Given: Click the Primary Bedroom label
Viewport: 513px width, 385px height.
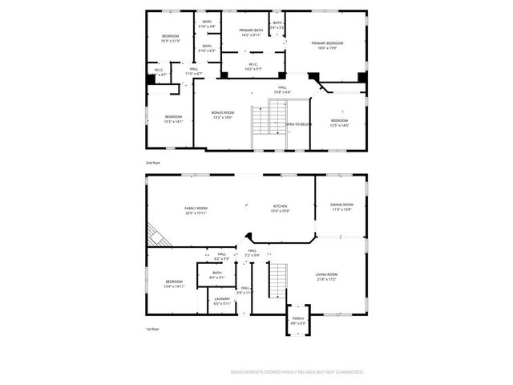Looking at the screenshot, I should (327, 44).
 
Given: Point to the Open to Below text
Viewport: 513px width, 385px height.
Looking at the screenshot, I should (298, 124).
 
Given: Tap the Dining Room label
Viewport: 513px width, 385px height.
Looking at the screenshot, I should (342, 207).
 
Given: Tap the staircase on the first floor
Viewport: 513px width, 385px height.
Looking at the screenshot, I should (277, 281).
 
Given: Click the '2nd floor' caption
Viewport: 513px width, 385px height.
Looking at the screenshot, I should (153, 163).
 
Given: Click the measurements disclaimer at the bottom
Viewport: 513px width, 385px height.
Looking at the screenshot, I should (297, 372).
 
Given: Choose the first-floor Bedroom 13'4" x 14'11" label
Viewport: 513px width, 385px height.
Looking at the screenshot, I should (175, 283).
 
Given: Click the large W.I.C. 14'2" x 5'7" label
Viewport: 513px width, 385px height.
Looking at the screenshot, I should (252, 67).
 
